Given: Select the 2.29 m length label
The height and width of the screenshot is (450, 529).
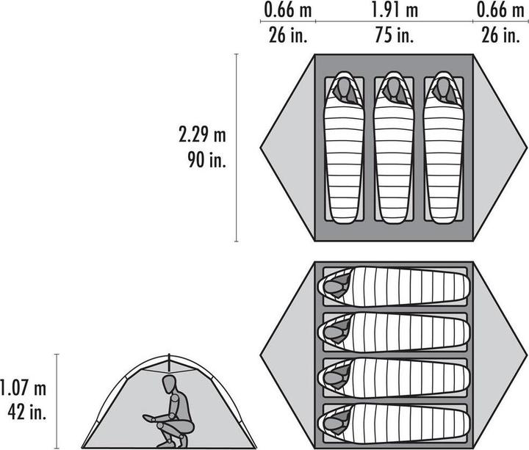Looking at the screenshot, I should [x=202, y=135].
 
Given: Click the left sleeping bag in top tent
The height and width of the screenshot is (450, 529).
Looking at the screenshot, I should [x=344, y=154].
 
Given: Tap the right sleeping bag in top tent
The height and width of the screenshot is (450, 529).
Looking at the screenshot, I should [x=442, y=154].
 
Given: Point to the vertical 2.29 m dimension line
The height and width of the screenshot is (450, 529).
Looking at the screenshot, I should [x=236, y=147].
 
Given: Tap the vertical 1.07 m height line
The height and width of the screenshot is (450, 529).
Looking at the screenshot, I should [x=57, y=400].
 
